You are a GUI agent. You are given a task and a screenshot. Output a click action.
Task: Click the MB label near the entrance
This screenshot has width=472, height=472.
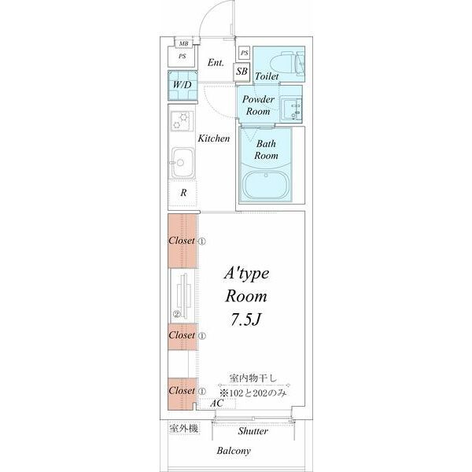point(183,45)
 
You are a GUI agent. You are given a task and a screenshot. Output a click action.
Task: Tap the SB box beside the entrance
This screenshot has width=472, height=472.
point(243,71)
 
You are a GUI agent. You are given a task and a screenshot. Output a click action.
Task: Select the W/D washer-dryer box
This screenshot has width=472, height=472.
point(182,84)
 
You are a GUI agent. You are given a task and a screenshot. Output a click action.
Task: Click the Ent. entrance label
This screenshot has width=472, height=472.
point(216,62)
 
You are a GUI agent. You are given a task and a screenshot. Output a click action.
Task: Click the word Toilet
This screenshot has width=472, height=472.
point(267,77)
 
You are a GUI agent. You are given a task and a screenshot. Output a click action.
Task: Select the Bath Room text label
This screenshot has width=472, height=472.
point(265,149)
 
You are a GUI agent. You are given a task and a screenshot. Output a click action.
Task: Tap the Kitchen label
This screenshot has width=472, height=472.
point(213,138)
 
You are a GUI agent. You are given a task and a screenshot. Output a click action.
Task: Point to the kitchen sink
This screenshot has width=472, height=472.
point(183,164)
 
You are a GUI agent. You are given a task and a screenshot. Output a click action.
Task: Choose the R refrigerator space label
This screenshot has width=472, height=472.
point(183,193)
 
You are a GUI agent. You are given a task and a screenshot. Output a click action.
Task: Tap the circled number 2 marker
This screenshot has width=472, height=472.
point(178,313)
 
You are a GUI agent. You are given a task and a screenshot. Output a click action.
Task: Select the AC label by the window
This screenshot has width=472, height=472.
point(218,403)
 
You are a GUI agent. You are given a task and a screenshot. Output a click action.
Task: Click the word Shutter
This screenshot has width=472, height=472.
point(253,431)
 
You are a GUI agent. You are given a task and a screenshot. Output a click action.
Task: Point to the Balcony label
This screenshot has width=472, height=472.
point(234,451)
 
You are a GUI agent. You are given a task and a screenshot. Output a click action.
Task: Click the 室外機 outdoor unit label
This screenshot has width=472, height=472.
point(183,429)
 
